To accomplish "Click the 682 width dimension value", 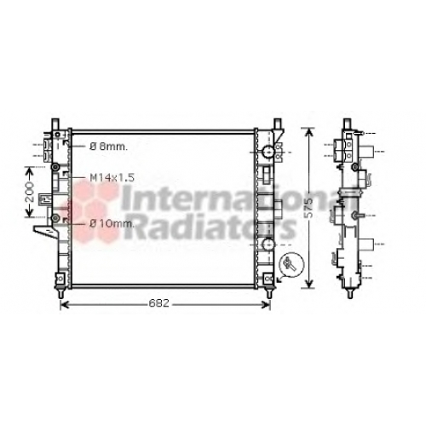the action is [x=158, y=303].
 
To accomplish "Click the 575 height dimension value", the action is [x=308, y=208].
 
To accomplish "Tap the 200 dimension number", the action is [x=30, y=193].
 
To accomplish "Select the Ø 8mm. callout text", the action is [x=109, y=147].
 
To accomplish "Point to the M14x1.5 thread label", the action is [x=112, y=178].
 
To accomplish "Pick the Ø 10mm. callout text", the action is [x=112, y=224].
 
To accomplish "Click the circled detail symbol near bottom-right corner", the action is [x=291, y=263].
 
